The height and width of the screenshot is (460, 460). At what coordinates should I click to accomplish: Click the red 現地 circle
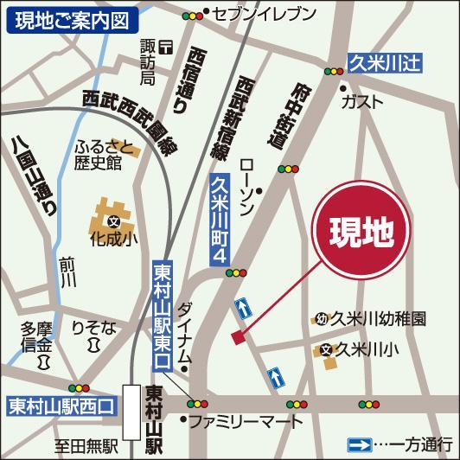pyautogui.click(x=362, y=230)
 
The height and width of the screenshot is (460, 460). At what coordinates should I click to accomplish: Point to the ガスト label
pyautogui.click(x=362, y=101)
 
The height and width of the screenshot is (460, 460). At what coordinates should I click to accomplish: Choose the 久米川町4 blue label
pyautogui.click(x=220, y=218)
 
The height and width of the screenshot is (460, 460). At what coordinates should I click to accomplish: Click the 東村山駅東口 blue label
pyautogui.click(x=161, y=311)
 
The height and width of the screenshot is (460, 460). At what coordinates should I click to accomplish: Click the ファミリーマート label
pyautogui.click(x=246, y=423)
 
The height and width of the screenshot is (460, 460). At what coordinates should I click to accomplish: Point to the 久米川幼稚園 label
pyautogui.click(x=380, y=319)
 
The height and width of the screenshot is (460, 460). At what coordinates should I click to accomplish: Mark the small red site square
pyautogui.click(x=239, y=336)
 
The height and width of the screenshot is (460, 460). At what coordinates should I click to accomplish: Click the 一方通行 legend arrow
pyautogui.click(x=359, y=444)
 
